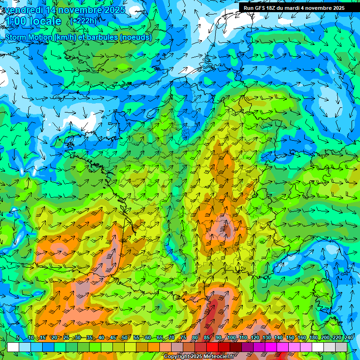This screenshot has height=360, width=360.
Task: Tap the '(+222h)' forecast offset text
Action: (83, 21)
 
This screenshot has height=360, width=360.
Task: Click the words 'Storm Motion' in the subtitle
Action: (29, 37)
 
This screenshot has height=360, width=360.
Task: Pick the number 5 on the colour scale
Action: (18, 338)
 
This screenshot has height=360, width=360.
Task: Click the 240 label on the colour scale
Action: (348, 338)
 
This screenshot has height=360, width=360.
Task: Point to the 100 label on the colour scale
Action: (231, 338)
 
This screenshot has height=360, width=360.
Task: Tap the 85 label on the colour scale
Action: (207, 338)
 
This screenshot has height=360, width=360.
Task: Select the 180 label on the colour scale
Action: (313, 338)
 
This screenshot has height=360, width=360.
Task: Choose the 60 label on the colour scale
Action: (148, 338)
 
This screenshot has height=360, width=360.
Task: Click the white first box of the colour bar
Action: (13, 347)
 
